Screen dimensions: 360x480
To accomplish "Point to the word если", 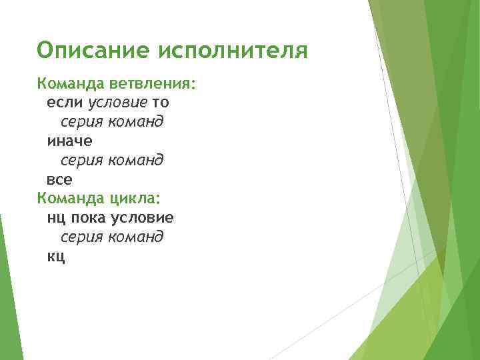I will [x=64, y=103].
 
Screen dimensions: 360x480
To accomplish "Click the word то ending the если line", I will [x=161, y=103].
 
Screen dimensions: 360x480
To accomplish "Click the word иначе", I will [x=69, y=141].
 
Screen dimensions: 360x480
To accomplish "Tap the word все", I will [x=59, y=179].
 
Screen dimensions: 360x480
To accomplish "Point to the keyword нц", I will [x=56, y=218].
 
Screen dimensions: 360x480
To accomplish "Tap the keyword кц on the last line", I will [x=56, y=256].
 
